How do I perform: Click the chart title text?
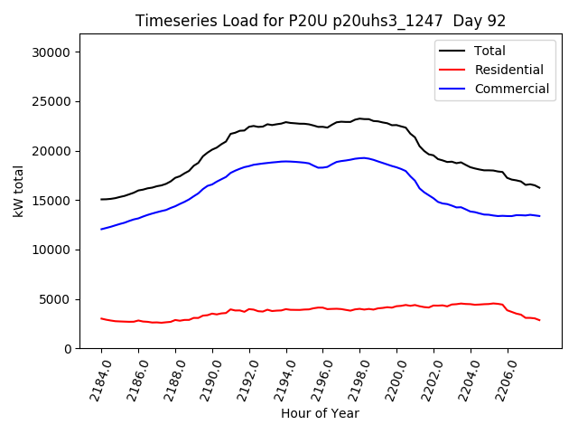click(321, 21)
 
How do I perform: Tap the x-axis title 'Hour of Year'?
click(320, 413)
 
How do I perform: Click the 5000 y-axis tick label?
click(57, 299)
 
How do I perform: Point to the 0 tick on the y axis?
click(68, 349)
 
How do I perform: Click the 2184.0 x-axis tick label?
click(95, 378)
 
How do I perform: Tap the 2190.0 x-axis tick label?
click(206, 378)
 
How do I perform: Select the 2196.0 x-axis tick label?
click(316, 378)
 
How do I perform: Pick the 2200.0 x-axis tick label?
click(390, 378)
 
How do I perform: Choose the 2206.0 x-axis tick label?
click(501, 378)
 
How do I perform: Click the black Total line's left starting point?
click(101, 199)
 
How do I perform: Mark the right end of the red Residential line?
click(539, 320)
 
